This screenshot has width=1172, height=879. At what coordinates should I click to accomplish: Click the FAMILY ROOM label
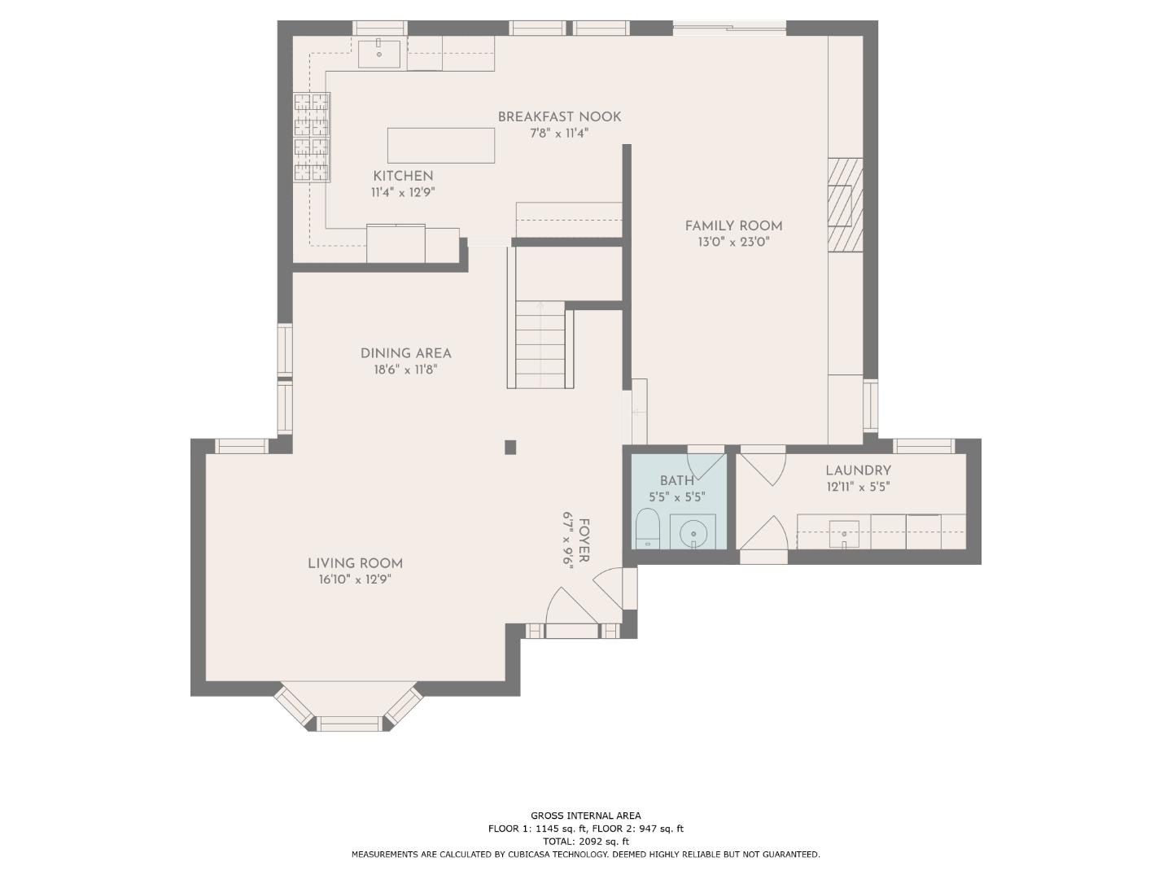coord(733,226)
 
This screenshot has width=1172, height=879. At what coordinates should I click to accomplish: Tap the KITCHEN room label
coord(403,176)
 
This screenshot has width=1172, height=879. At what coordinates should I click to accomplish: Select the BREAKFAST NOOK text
coord(560,117)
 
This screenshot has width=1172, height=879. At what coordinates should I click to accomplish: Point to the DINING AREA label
coord(406,353)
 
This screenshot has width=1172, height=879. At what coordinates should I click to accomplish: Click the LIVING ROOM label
coord(355,563)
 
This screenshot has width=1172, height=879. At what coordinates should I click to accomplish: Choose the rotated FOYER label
coord(584,540)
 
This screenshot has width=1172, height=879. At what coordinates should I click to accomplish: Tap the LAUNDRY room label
coord(858,470)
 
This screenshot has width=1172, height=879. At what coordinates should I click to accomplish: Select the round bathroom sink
coord(693,533)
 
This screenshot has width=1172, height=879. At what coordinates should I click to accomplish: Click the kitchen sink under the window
coord(379,54)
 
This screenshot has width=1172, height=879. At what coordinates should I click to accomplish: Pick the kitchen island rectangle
coord(441,145)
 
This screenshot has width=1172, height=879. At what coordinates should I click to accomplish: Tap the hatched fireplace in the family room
coord(846,204)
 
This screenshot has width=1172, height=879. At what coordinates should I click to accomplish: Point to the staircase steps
coord(540,345)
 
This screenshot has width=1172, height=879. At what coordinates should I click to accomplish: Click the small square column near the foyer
coord(510,447)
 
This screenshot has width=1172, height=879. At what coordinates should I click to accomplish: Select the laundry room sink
coord(844,534)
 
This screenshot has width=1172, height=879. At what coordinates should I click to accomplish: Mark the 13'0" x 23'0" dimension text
coord(733,243)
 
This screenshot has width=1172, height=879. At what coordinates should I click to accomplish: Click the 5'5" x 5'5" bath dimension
coord(677,497)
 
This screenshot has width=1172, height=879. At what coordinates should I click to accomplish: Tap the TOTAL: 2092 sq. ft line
coord(586,842)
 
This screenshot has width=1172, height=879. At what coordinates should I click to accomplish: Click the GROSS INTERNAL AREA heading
coord(586,816)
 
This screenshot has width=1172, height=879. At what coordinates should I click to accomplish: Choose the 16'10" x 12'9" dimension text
coord(355,579)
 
